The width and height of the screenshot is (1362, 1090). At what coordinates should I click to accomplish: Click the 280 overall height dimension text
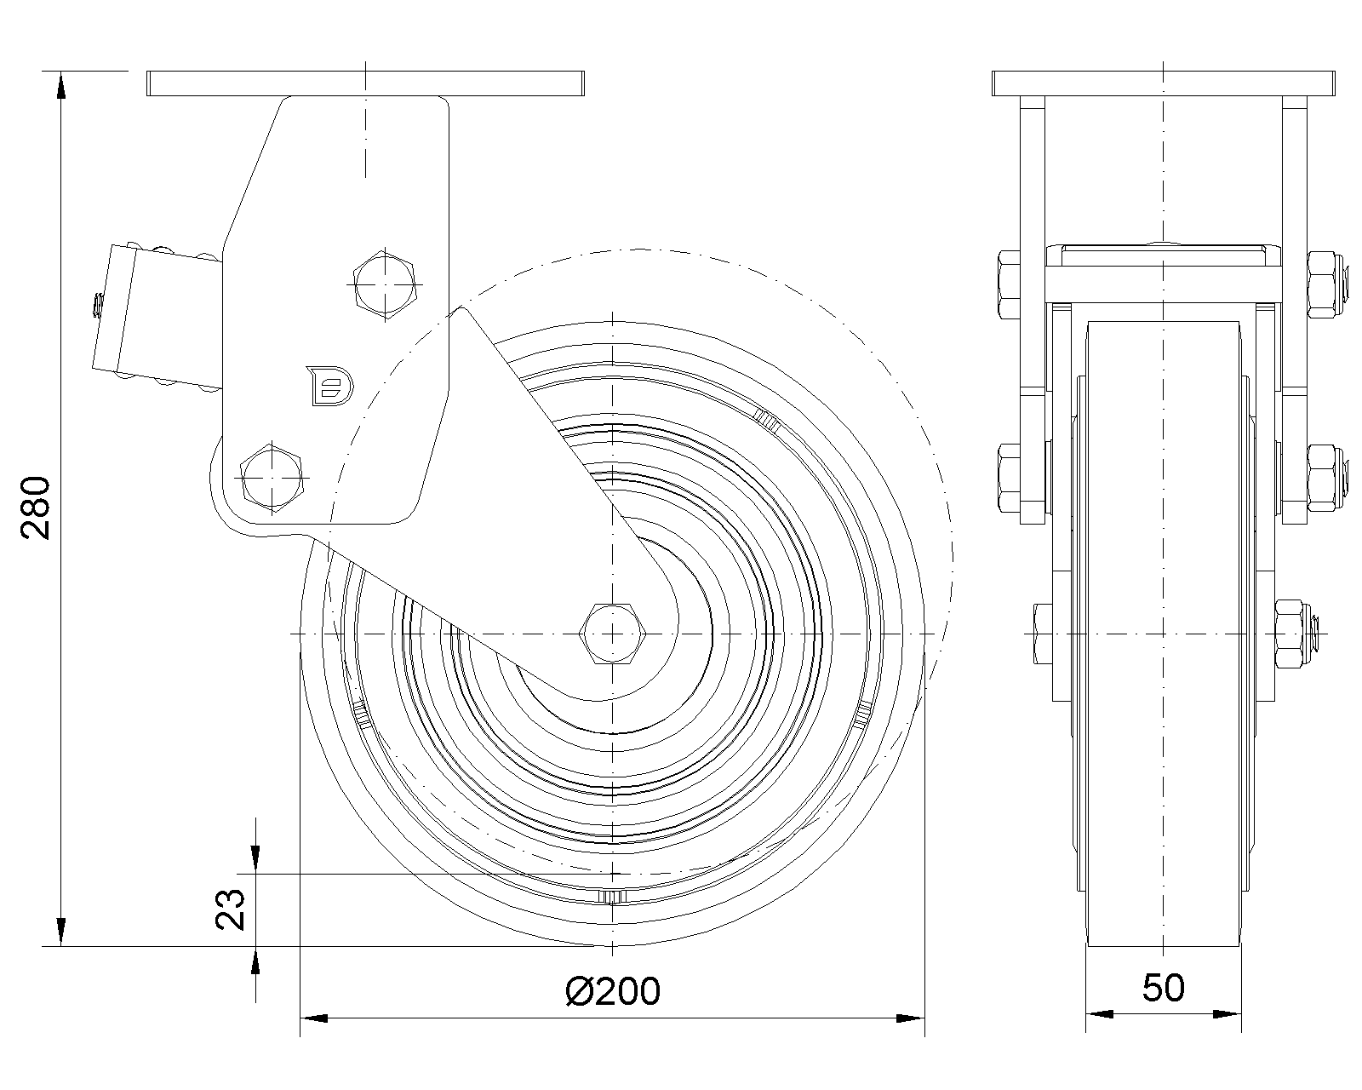click(x=37, y=508)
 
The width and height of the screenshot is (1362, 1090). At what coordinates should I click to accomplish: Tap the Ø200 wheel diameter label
click(x=612, y=990)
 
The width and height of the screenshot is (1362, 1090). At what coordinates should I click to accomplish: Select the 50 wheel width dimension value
click(x=1163, y=989)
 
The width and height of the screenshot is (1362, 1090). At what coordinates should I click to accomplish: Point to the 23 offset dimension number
click(x=231, y=909)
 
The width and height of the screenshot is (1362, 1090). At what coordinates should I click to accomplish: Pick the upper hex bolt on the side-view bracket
click(x=386, y=284)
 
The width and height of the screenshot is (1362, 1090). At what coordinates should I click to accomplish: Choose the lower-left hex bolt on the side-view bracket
click(x=273, y=476)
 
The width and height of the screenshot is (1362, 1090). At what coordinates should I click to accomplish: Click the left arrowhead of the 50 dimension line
click(x=1098, y=1014)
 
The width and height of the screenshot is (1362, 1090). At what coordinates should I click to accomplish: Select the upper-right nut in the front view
click(x=1325, y=282)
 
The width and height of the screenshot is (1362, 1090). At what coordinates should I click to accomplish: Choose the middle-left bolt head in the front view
click(x=1009, y=476)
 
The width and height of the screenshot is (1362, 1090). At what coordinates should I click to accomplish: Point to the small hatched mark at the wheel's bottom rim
click(x=612, y=897)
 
